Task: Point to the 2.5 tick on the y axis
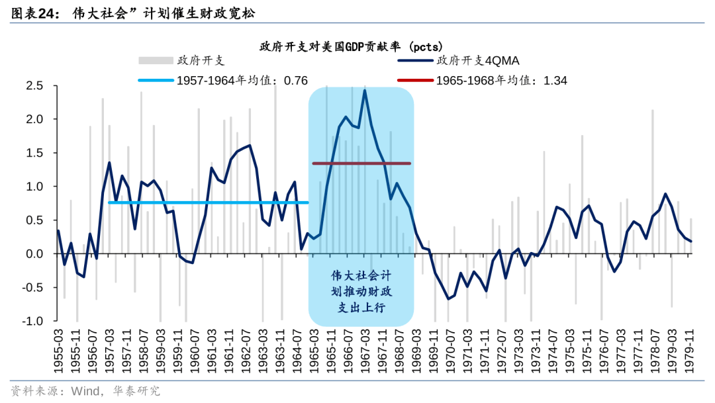point(34,86)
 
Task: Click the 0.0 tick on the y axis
point(34,254)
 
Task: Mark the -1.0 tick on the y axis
point(32,321)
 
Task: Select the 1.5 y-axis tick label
point(34,153)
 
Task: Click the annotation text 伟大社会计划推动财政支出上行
point(361,291)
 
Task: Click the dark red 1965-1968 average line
point(361,163)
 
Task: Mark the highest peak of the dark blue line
point(365,90)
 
